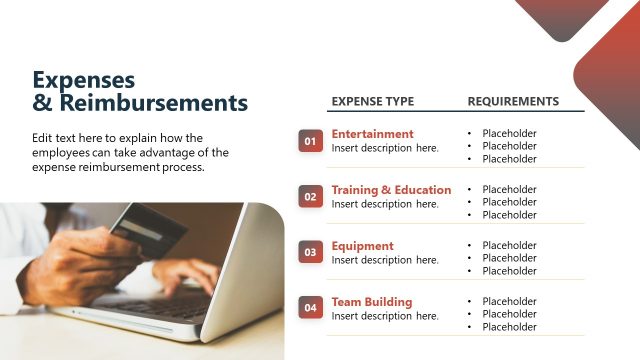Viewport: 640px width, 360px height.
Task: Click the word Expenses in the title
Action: [83, 79]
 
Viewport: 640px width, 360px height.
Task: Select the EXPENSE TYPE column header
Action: [372, 101]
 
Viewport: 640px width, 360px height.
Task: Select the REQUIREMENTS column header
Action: [513, 101]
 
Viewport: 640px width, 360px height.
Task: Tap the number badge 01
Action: [310, 142]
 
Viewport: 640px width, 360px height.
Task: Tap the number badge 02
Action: [310, 197]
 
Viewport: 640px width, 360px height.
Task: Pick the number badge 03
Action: [310, 253]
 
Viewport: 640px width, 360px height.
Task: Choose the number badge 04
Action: [310, 309]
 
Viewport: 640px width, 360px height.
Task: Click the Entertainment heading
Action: [372, 134]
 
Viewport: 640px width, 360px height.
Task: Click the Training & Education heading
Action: [391, 190]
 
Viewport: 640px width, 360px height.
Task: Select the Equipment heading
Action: [362, 246]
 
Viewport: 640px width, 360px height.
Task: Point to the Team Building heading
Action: [371, 302]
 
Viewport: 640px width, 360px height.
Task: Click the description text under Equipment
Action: [385, 260]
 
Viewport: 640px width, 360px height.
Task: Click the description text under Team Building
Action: [385, 316]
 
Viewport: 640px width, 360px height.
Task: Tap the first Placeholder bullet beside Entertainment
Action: [509, 133]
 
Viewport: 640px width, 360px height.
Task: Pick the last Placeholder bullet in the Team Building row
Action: [509, 327]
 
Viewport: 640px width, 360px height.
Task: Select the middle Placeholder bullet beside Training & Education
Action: [509, 202]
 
